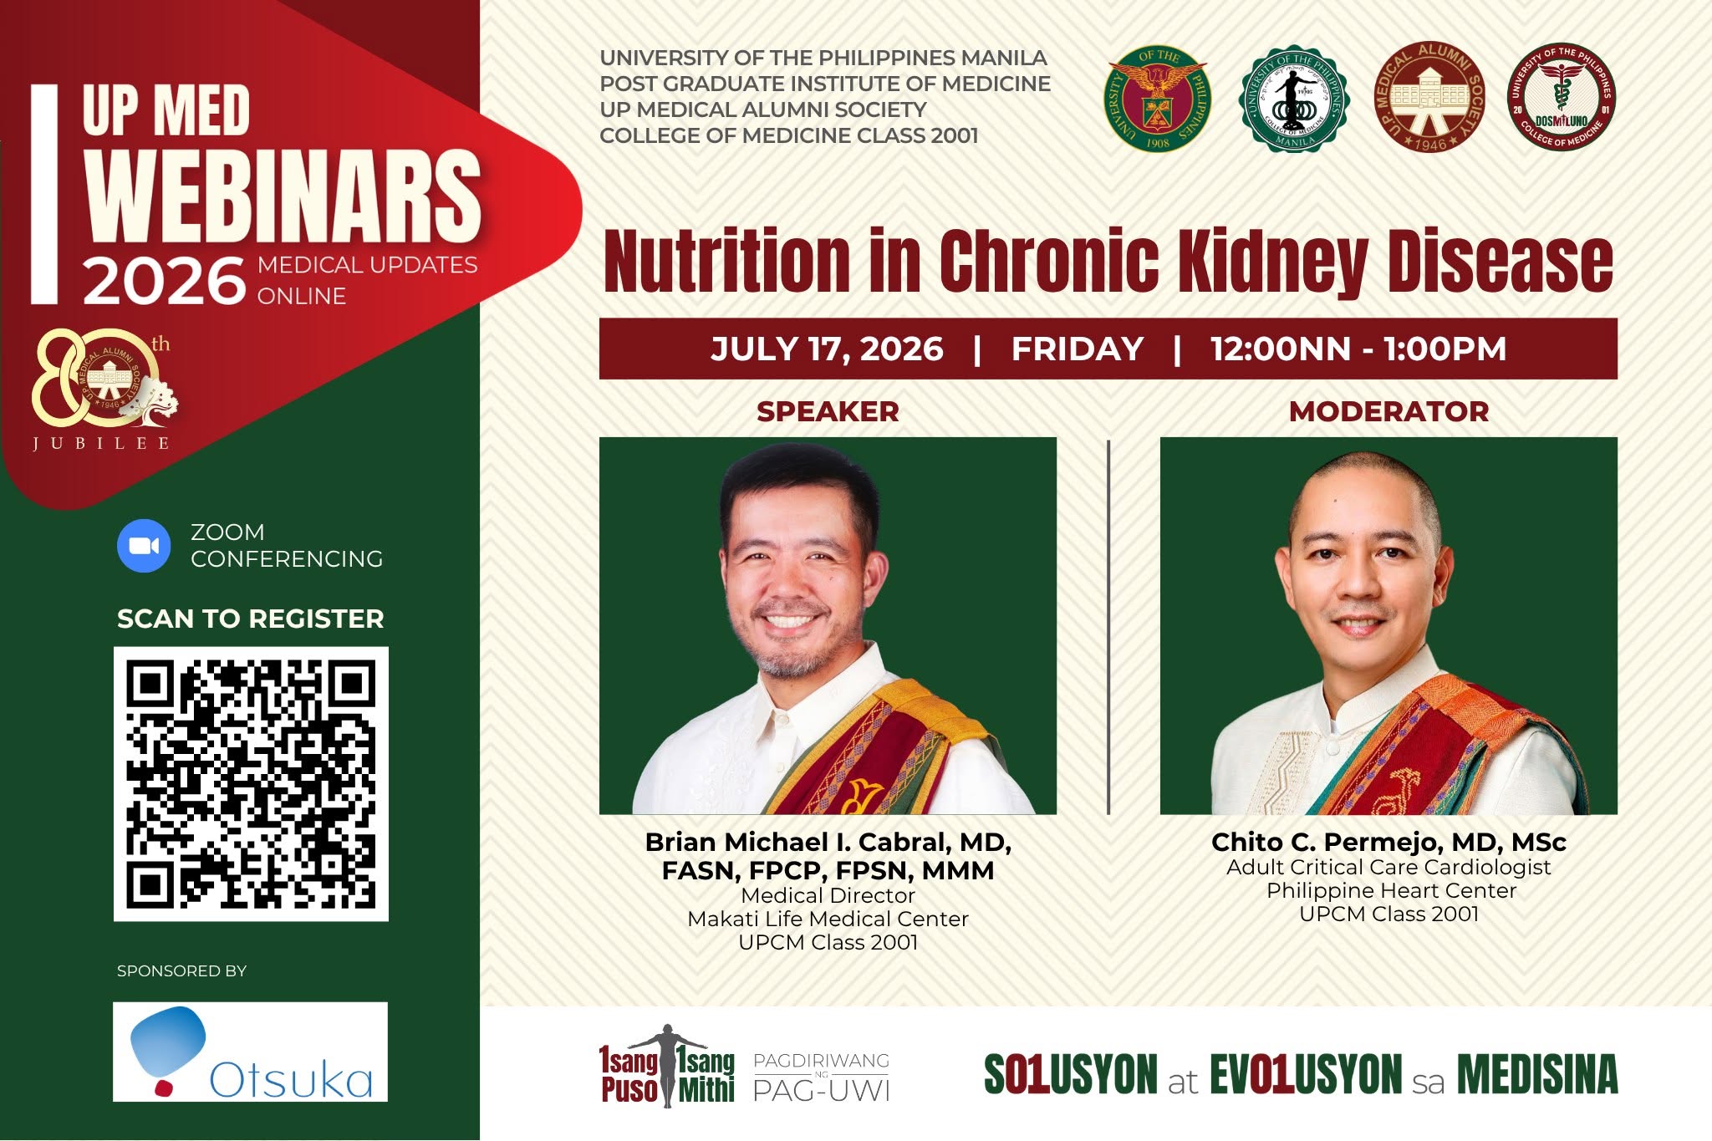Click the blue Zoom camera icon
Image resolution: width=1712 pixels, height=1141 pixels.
tap(144, 546)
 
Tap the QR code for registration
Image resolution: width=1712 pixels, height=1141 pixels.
tap(251, 784)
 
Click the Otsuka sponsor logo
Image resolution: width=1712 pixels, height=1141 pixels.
tap(251, 1052)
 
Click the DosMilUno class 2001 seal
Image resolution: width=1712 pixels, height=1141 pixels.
tap(1561, 97)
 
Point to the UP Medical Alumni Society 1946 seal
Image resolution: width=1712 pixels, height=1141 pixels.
tap(1429, 97)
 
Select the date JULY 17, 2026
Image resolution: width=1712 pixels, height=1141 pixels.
tap(827, 349)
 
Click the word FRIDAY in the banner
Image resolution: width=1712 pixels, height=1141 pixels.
tap(1078, 349)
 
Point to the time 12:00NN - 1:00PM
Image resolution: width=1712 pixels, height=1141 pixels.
tap(1358, 349)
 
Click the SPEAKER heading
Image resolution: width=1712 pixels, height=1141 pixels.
tap(828, 411)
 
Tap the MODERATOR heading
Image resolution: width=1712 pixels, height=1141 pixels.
tap(1388, 411)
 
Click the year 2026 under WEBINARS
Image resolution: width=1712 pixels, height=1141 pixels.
tap(164, 281)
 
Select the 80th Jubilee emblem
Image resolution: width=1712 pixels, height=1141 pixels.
tap(103, 387)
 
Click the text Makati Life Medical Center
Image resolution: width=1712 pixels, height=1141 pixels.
tap(828, 919)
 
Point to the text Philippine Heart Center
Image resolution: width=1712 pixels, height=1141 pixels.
tap(1391, 890)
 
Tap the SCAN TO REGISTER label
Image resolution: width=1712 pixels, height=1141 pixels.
tap(251, 619)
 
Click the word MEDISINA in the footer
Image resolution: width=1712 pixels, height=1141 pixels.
tap(1537, 1074)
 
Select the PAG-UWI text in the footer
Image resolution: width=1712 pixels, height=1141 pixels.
tap(821, 1090)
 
